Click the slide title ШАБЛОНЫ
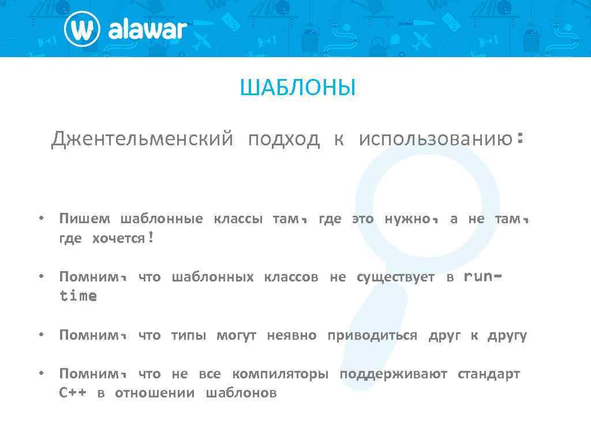coord(298,89)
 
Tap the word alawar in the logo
coord(147,29)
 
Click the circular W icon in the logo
coord(83,29)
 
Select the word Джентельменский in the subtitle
coord(142,139)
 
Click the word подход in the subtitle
coord(283,139)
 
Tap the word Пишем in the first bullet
coord(84,219)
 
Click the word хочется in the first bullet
coord(118,239)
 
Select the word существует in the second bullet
coord(395,277)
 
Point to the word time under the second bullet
coord(78,296)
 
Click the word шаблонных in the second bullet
coord(212,277)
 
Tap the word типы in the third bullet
coord(188,336)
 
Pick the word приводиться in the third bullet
coord(372,336)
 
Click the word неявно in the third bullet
coord(291,336)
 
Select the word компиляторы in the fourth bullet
coord(280,374)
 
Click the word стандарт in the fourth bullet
coord(489,374)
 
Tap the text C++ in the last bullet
coord(73,393)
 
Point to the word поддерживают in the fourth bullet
coord(393,374)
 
